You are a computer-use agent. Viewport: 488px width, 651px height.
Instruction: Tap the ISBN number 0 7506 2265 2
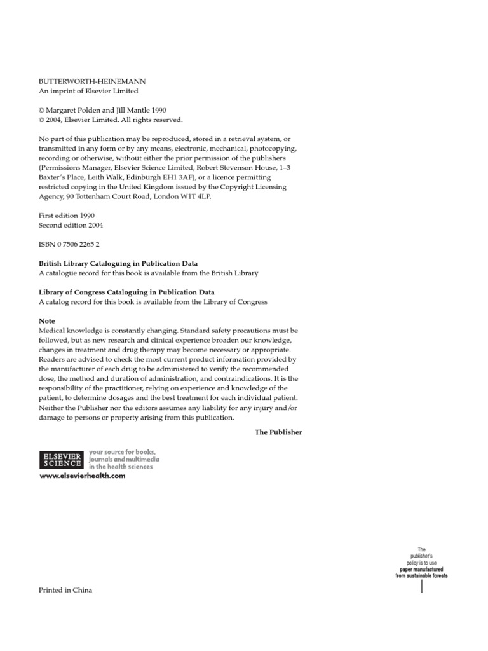pos(69,243)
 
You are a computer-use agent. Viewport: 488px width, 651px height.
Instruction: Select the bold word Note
pos(47,321)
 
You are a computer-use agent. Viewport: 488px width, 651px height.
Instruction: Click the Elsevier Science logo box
pos(61,459)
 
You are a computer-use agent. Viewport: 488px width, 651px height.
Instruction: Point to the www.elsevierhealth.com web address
pos(83,476)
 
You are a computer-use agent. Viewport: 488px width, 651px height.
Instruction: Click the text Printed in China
pos(65,590)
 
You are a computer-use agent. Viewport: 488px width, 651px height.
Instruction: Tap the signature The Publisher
pos(278,432)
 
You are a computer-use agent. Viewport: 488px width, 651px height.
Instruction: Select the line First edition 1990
pos(67,216)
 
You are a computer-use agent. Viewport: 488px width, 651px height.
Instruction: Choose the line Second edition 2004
pos(71,225)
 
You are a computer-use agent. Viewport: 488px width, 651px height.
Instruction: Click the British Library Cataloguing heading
pos(118,263)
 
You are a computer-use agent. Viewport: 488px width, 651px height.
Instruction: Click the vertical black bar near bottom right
pos(422,586)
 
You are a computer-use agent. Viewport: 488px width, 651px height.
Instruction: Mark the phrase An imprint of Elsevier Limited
pos(88,91)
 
